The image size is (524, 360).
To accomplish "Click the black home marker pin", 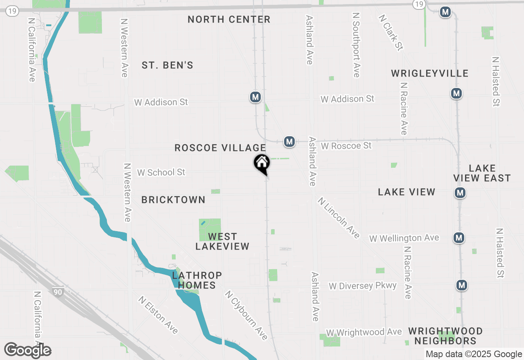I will pos(262,164).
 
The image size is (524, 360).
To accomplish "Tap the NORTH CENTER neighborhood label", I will pos(229,19).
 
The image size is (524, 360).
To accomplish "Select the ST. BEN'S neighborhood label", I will pos(167,65).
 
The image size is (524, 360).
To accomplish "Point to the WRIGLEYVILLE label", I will pos(429,73).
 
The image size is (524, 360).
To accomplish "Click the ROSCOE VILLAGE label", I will pos(220,148).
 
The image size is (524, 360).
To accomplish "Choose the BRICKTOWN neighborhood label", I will pos(173,200).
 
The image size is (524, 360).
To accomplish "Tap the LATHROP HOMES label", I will pos(197,280).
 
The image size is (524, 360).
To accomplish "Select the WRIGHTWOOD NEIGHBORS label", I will pos(445,336).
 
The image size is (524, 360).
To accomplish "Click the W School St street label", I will pos(161,173).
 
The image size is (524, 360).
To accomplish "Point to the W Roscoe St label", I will pos(346,146).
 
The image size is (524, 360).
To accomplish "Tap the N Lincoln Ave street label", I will pos(339,218).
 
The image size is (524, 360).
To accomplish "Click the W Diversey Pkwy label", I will pos(363,286).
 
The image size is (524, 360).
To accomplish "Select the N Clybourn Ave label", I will pos(246,315).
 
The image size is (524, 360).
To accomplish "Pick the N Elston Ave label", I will pos(158,315).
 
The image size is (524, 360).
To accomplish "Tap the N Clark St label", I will pos(391,33).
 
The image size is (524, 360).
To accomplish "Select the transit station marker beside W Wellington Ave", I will pos(459,237).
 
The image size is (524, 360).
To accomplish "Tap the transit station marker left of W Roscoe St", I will pos(289,142).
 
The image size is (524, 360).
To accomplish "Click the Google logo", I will pos(28,351).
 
